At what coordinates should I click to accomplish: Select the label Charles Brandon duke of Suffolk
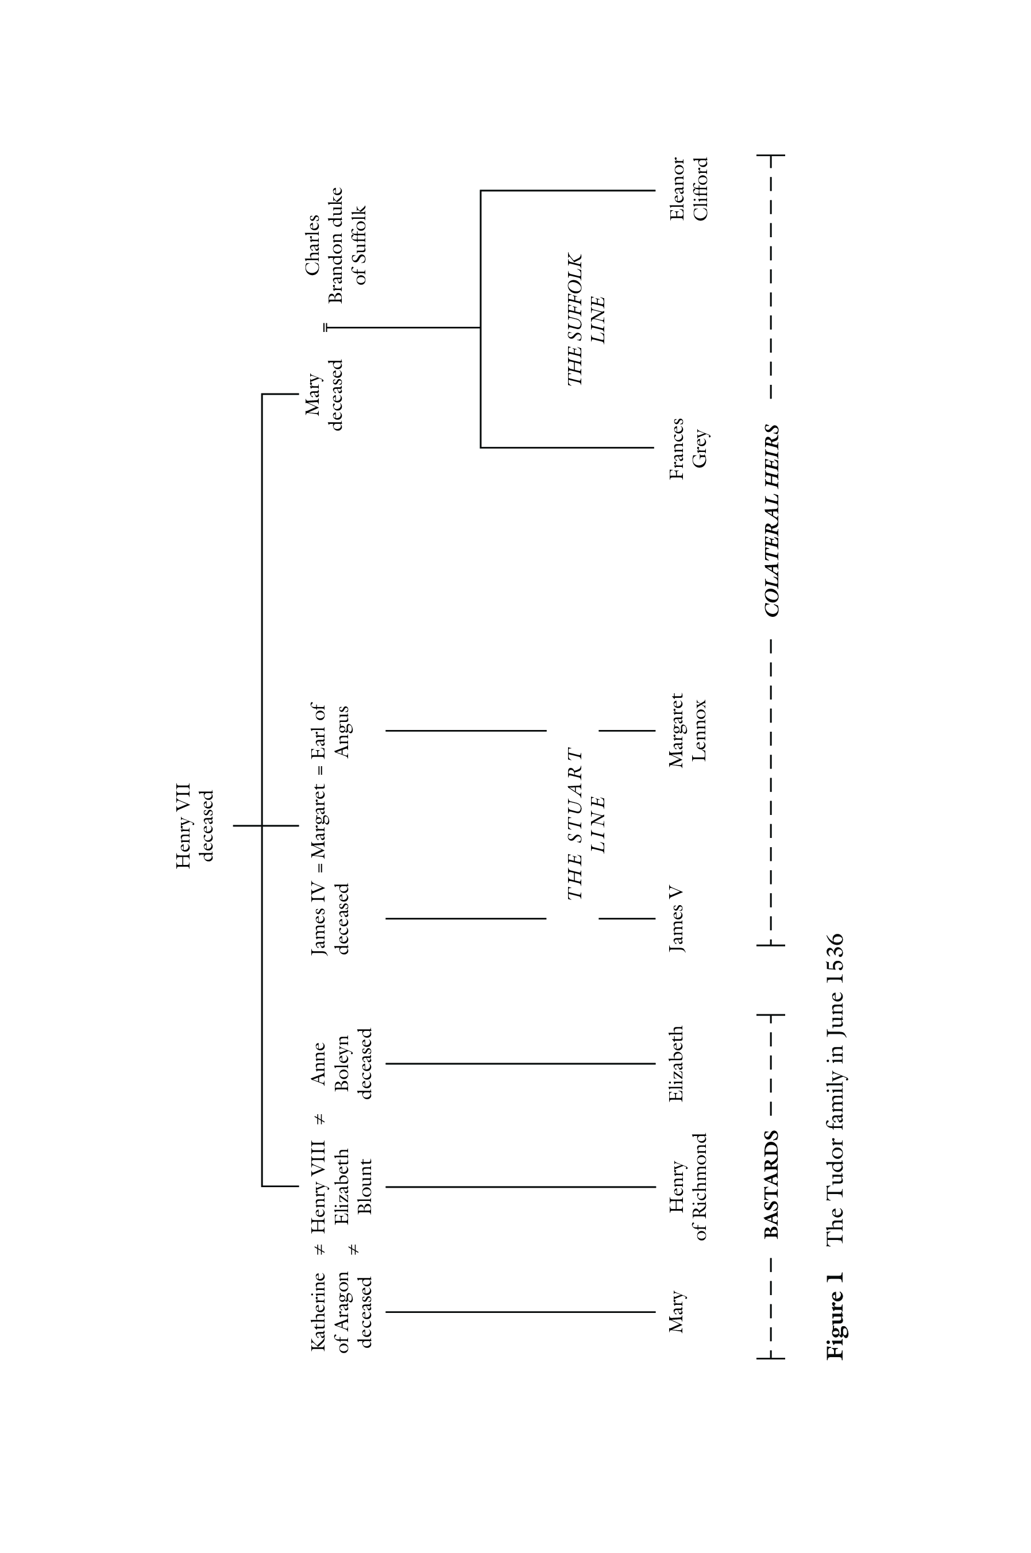[336, 245]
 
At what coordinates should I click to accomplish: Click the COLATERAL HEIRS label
[772, 521]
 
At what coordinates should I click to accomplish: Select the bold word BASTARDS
[772, 1184]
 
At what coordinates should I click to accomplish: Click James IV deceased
[330, 918]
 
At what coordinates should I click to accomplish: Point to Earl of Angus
[330, 731]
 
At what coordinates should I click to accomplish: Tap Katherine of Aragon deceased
[342, 1311]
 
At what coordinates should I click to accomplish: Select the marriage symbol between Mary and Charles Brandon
[326, 327]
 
